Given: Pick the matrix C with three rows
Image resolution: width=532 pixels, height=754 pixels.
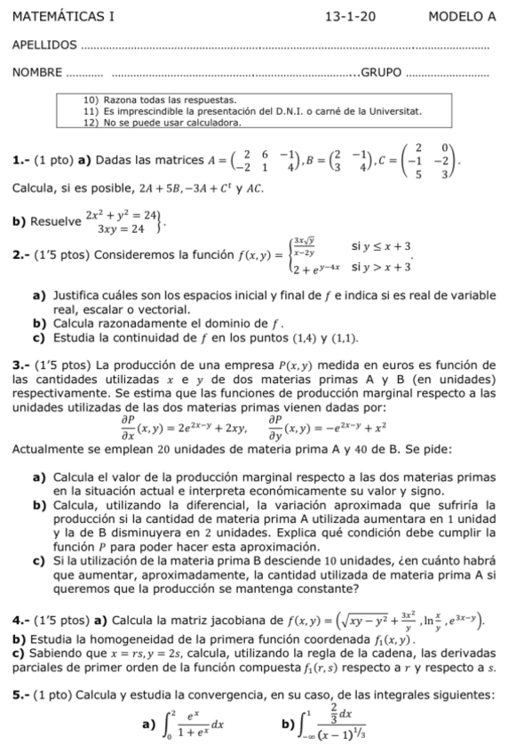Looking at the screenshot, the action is click(x=422, y=162).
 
